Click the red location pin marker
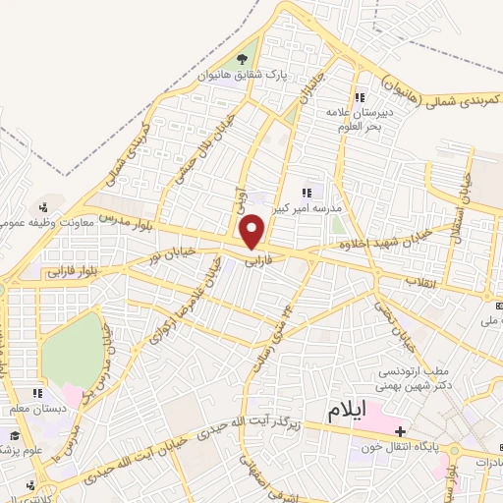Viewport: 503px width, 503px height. (x=253, y=232)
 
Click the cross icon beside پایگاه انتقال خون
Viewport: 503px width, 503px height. (x=400, y=430)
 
